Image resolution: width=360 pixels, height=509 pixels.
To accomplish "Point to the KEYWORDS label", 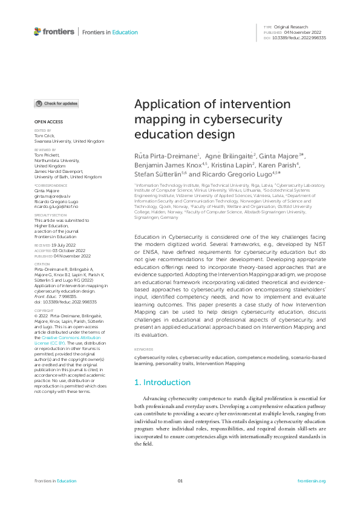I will [143, 350].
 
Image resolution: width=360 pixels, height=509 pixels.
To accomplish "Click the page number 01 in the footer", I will [180, 481].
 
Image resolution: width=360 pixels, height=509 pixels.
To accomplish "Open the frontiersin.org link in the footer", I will [312, 481].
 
